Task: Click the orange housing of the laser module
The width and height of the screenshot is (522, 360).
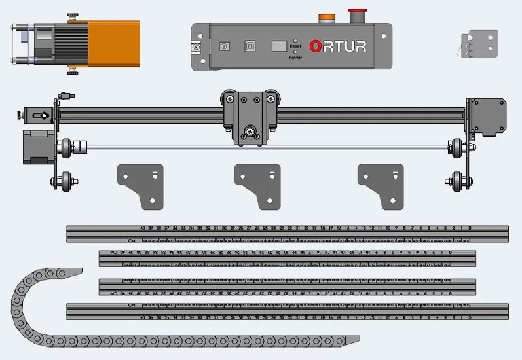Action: pos(114,43)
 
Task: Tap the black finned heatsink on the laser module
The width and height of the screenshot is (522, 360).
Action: pos(71,43)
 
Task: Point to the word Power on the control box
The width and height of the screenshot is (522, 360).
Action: pos(295,57)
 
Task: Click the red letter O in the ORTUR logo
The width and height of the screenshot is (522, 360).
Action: pos(316,46)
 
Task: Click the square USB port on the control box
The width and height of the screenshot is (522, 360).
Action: pos(250,46)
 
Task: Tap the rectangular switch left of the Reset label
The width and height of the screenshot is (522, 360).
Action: pos(278,46)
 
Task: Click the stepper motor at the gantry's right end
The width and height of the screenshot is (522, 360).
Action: pos(483,117)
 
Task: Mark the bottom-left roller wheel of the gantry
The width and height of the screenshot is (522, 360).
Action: pos(65,181)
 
